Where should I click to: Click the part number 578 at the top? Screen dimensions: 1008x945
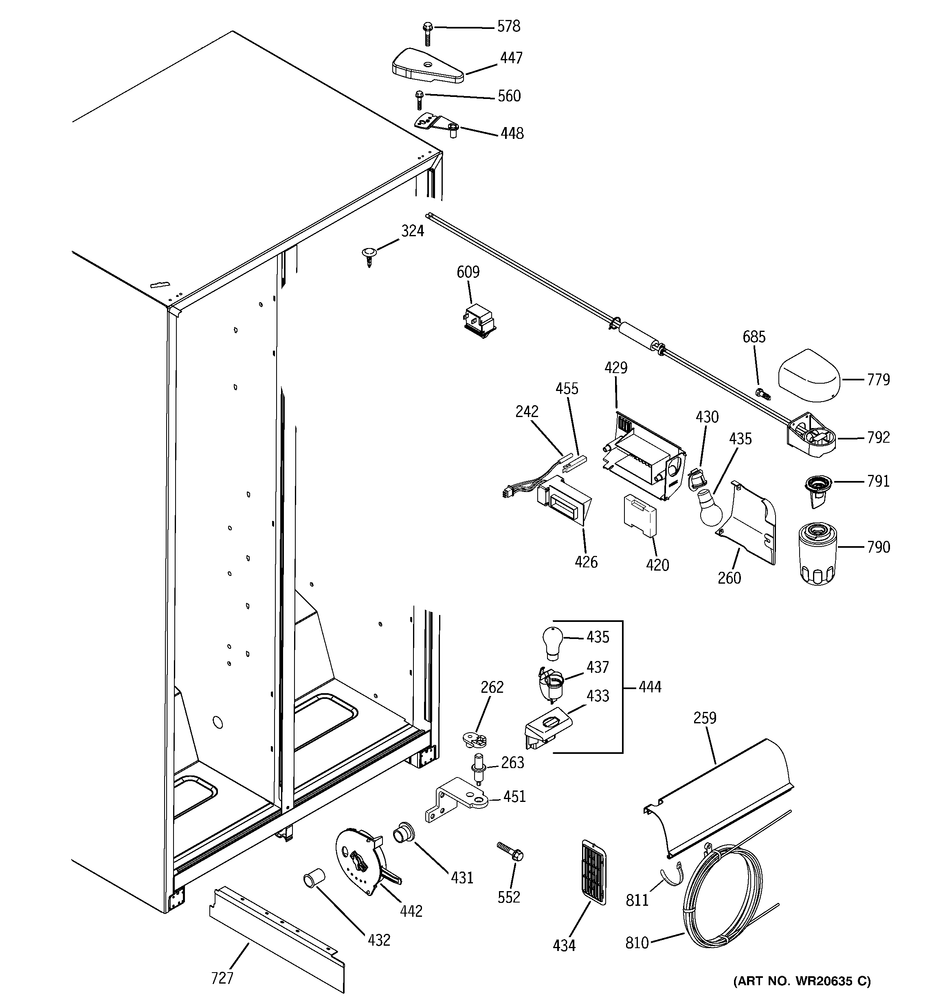point(508,26)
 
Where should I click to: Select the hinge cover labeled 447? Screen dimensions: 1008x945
point(427,67)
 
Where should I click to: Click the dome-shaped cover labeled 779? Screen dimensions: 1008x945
point(809,376)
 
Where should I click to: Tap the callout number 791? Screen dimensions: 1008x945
point(878,481)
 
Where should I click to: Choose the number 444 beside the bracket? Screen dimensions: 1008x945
point(650,687)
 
